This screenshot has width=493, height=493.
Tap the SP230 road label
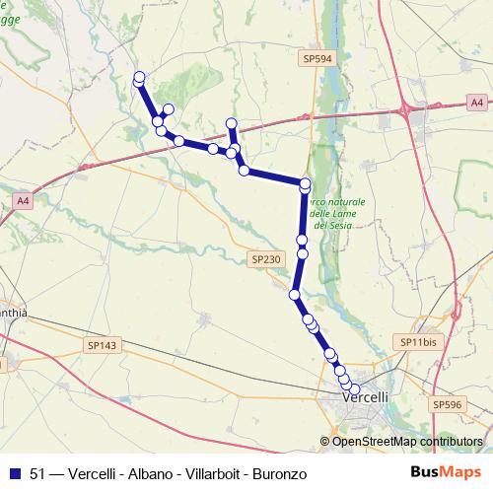pyautogui.click(x=266, y=258)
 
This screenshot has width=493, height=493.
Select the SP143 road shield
pyautogui.click(x=102, y=345)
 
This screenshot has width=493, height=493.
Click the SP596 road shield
pyautogui.click(x=447, y=404)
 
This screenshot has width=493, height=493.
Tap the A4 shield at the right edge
pyautogui.click(x=476, y=102)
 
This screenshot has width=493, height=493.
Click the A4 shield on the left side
pyautogui.click(x=23, y=201)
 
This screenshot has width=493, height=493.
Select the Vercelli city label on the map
pyautogui.click(x=366, y=396)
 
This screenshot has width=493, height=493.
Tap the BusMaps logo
pyautogui.click(x=440, y=473)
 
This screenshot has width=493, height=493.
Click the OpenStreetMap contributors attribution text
pyautogui.click(x=406, y=442)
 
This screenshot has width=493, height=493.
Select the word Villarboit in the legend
pyautogui.click(x=206, y=474)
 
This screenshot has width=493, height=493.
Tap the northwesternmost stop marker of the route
pyautogui.click(x=139, y=77)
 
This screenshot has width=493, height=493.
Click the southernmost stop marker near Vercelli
pyautogui.click(x=355, y=389)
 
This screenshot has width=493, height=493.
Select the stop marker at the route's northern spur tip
pyautogui.click(x=232, y=123)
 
